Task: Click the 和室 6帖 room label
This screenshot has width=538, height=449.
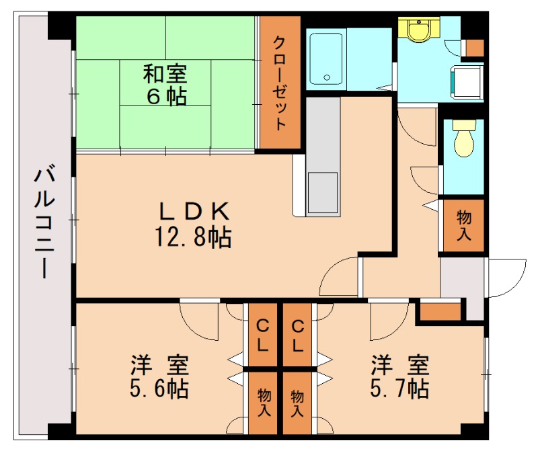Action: [x=165, y=84]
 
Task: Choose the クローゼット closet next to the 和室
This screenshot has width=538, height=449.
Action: [x=280, y=82]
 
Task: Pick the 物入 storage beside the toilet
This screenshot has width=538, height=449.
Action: [x=463, y=226]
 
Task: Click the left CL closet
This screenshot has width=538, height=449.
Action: [x=261, y=335]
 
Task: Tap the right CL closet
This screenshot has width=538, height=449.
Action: [x=298, y=335]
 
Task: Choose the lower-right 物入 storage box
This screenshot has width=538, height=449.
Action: [x=297, y=402]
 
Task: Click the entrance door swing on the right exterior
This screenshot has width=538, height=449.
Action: [x=506, y=279]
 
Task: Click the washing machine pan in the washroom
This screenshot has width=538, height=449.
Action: [x=467, y=81]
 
